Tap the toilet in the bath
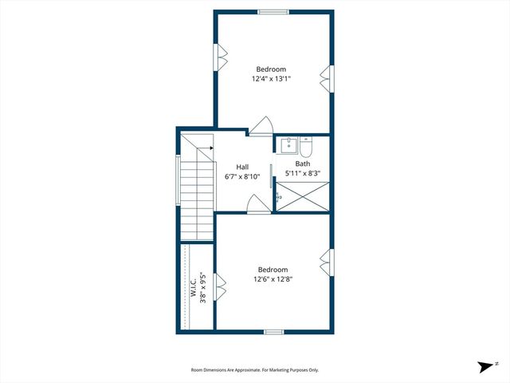[308, 146]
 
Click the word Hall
[242, 167]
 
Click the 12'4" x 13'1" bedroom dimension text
[271, 78]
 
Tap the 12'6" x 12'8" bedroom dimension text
[272, 279]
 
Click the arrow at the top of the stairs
[210, 148]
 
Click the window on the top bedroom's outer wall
[273, 11]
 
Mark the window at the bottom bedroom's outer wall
[273, 331]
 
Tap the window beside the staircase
[177, 180]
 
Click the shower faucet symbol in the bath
[278, 195]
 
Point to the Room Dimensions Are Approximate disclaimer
[254, 369]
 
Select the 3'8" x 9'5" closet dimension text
[203, 288]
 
